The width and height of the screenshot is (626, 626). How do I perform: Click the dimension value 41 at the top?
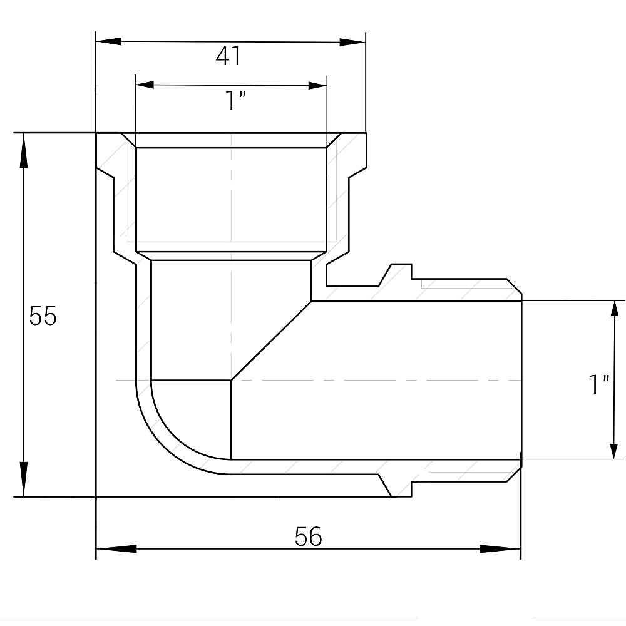(228, 57)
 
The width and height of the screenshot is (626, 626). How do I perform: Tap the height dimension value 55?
(43, 317)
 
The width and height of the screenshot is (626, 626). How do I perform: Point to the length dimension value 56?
(308, 536)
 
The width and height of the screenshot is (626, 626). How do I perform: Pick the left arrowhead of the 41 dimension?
(108, 42)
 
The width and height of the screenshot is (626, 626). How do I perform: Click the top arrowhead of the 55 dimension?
(24, 150)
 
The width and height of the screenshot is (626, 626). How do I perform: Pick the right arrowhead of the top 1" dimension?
(316, 85)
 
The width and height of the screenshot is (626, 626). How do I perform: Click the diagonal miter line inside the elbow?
(272, 341)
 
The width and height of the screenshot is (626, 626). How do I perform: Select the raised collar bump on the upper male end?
(398, 273)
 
